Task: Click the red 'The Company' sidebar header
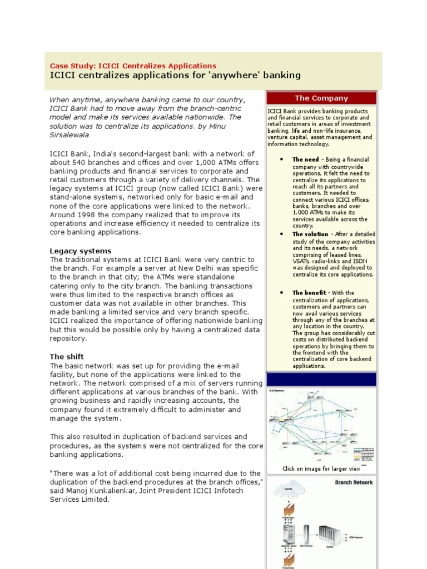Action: pos(321,98)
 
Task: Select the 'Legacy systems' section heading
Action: pos(81,251)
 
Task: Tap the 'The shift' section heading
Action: pos(67,356)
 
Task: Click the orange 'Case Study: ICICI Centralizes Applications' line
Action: pos(133,66)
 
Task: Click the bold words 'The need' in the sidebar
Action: pos(306,159)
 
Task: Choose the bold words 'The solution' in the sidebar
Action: pos(310,234)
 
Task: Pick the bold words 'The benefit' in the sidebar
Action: pos(307,293)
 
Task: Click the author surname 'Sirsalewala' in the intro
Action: pos(69,134)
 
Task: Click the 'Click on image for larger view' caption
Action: pos(321,468)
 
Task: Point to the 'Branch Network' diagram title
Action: pos(354,482)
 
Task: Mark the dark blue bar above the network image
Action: pos(321,380)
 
